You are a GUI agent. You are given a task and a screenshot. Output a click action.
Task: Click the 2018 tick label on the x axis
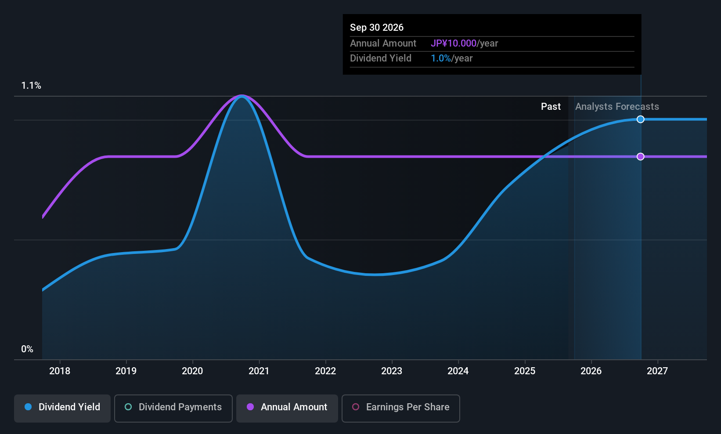click(x=60, y=371)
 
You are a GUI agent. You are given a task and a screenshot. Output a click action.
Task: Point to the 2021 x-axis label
click(x=259, y=371)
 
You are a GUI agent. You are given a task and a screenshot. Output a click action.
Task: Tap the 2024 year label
click(x=458, y=371)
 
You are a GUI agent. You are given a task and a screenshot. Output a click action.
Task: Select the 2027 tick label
click(x=657, y=371)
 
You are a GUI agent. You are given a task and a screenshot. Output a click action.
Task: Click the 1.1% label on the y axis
click(x=31, y=86)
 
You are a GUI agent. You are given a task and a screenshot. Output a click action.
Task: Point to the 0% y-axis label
click(x=27, y=349)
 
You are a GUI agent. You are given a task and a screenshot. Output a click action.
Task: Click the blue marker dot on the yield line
click(x=641, y=119)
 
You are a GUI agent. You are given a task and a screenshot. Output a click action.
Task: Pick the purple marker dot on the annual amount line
click(x=641, y=157)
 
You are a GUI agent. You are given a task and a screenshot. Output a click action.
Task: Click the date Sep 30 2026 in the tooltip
click(x=377, y=28)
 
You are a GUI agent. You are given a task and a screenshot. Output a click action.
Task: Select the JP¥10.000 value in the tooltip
click(x=453, y=43)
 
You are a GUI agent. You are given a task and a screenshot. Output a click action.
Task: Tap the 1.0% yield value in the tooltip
click(x=440, y=58)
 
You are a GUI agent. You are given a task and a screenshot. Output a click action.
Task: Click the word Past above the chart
click(x=551, y=107)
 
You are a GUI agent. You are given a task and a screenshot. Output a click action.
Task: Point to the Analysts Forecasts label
click(x=617, y=107)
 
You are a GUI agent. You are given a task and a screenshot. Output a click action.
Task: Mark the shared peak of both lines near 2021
click(x=242, y=96)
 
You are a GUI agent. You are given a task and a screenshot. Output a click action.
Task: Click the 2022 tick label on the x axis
click(x=325, y=371)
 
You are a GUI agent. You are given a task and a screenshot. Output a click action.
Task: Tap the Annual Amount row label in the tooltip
click(x=383, y=43)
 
